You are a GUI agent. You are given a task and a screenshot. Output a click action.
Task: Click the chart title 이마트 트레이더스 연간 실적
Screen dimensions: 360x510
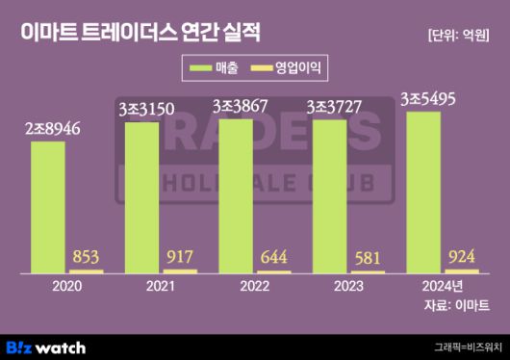(140, 31)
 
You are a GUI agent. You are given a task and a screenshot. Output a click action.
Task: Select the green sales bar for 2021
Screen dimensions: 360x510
(142, 197)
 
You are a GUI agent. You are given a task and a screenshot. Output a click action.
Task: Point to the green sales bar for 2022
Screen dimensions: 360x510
(237, 195)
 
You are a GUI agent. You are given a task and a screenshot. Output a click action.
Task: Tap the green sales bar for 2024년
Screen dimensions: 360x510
(424, 192)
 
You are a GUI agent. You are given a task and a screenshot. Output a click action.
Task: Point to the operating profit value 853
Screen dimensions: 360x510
(87, 257)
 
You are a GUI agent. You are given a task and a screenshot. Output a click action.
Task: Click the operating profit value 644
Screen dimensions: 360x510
(275, 258)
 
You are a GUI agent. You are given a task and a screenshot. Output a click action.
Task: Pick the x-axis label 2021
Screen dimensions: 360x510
(161, 287)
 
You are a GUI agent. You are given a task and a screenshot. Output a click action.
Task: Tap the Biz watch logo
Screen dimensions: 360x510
(46, 347)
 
